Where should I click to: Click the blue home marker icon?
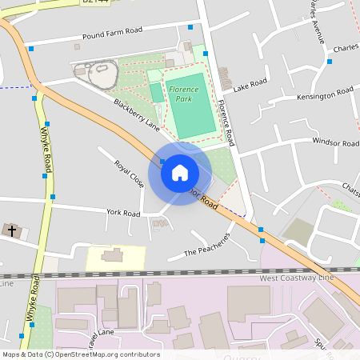coord(180,173)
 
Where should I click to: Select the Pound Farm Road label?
coord(112,34)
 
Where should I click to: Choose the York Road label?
coord(123,213)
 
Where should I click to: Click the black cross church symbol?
coord(10,230)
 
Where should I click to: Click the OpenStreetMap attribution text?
coord(80,354)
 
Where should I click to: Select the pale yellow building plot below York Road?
coord(114,257)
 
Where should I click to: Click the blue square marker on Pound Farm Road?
coord(31,49)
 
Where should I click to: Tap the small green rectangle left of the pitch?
coord(157,93)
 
